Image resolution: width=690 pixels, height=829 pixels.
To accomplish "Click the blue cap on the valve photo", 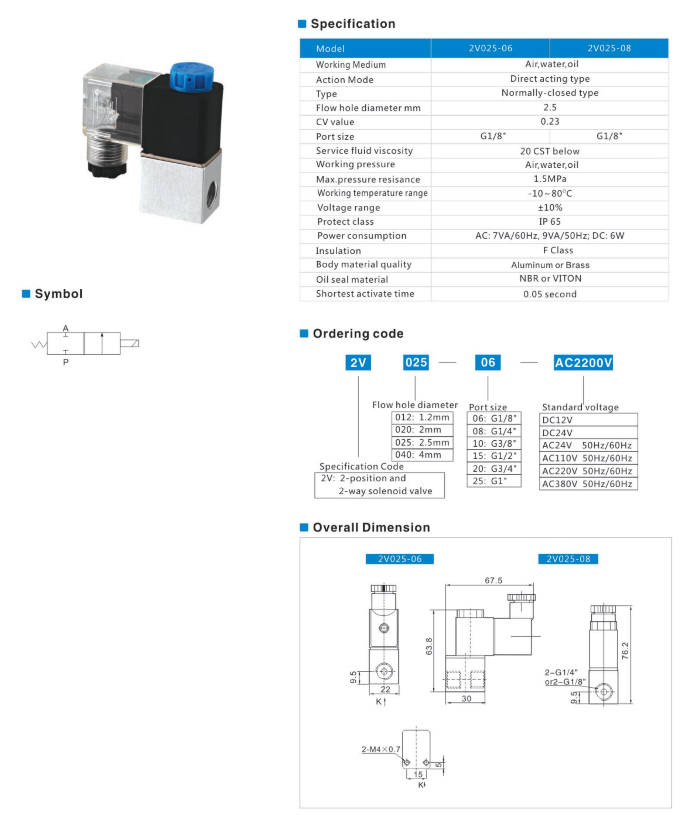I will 192,75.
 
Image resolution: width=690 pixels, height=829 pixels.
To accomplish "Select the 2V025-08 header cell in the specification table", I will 609,48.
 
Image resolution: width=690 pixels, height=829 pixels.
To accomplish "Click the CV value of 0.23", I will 550,121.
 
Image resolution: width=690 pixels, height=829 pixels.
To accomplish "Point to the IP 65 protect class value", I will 550,222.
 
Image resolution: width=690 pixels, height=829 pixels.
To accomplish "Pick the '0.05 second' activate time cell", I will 550,294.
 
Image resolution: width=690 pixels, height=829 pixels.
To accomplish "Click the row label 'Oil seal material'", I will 352,280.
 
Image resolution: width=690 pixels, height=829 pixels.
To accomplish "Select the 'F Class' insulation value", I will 558,250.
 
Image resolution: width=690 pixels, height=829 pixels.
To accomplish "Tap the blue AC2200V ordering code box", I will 583,362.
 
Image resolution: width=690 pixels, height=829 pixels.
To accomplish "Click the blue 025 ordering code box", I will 416,362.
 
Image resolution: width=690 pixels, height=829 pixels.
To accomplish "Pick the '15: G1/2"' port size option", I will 494,456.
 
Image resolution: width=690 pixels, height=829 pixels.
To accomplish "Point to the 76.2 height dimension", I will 625,651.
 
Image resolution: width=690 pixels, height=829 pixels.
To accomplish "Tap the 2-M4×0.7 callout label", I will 381,749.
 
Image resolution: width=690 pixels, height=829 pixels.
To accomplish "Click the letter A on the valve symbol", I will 66,328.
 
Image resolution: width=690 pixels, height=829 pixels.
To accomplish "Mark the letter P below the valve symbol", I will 66,362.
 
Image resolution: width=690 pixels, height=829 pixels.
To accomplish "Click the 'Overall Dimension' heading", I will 371,527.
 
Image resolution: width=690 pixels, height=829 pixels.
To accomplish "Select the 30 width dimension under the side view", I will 466,698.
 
